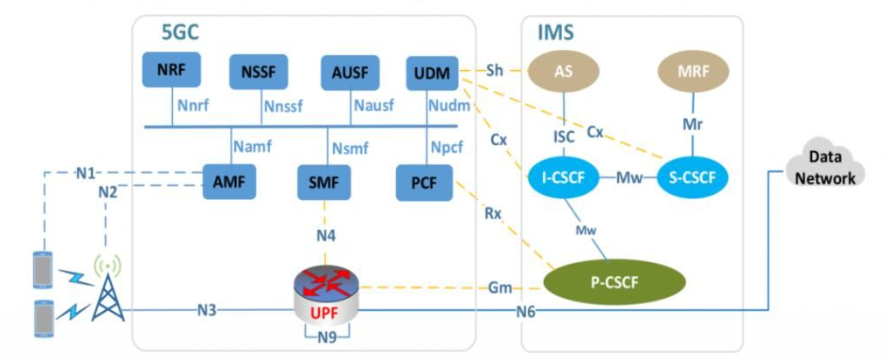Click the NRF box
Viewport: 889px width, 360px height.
170,70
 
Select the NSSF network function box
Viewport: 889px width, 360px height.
258,72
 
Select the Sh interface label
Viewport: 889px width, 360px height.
495,70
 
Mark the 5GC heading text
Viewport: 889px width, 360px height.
179,32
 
